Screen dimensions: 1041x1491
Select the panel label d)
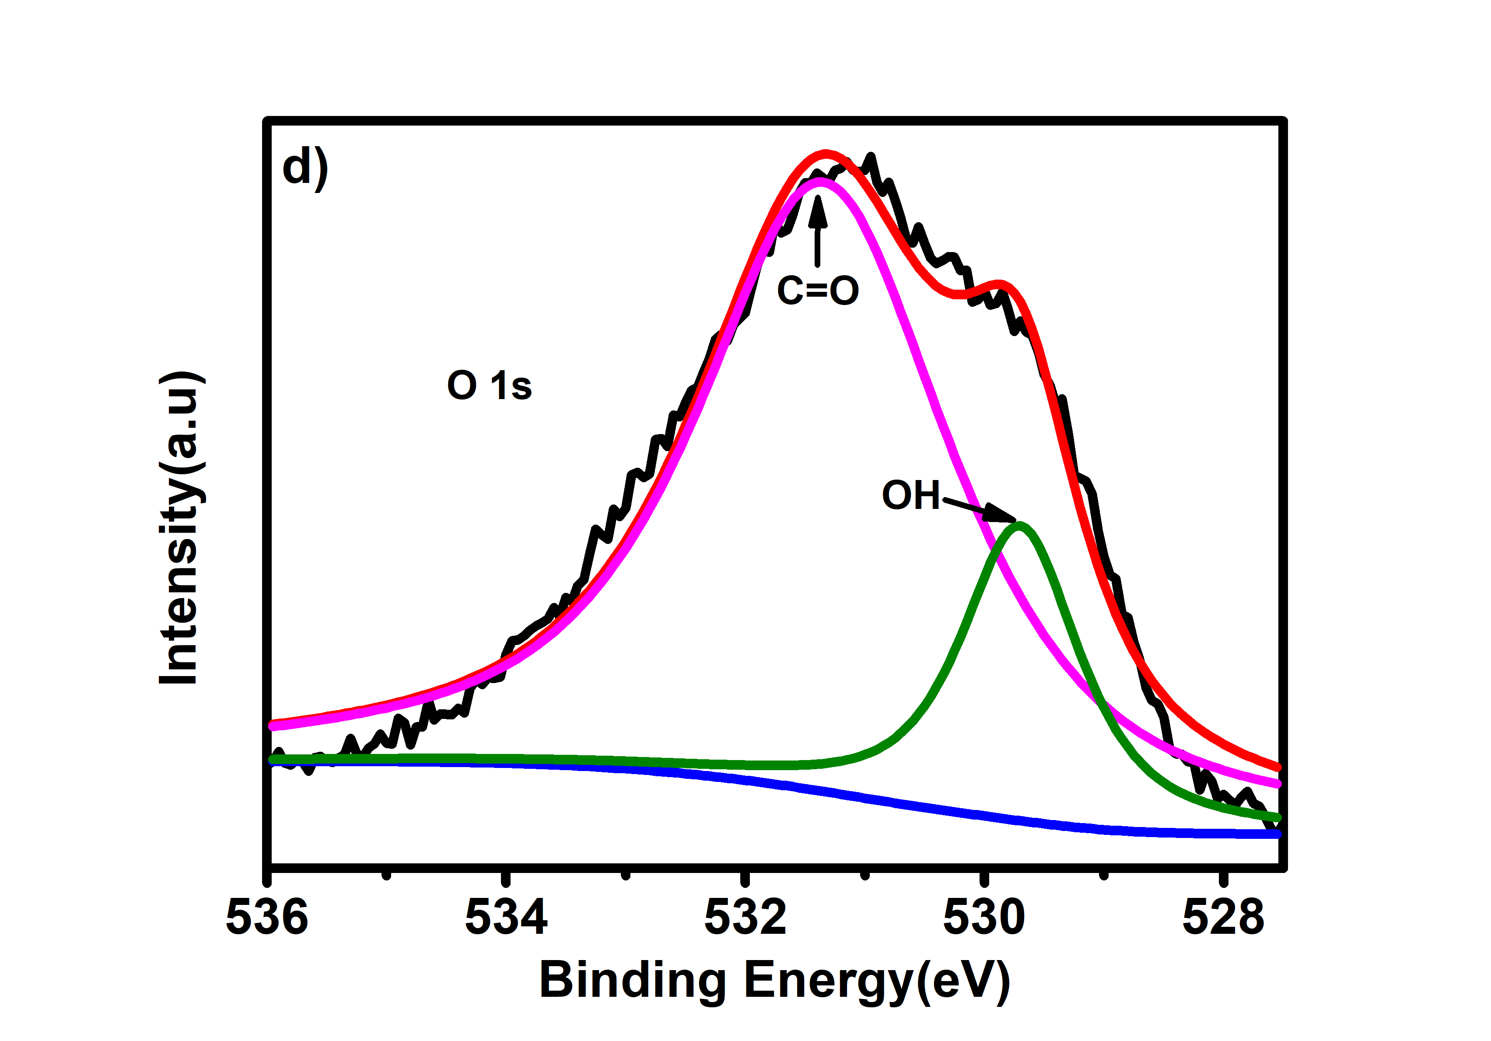point(305,168)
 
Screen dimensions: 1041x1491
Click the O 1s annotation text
point(489,386)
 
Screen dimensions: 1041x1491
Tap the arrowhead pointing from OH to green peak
point(1000,514)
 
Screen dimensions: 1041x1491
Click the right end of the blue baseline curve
point(1277,834)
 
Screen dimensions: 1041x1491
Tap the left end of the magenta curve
point(273,725)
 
